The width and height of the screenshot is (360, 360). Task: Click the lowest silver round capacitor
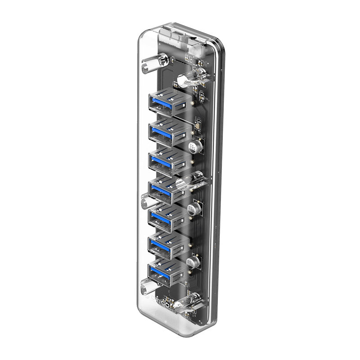(191, 263)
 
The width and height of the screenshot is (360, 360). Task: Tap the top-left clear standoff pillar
(150, 65)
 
